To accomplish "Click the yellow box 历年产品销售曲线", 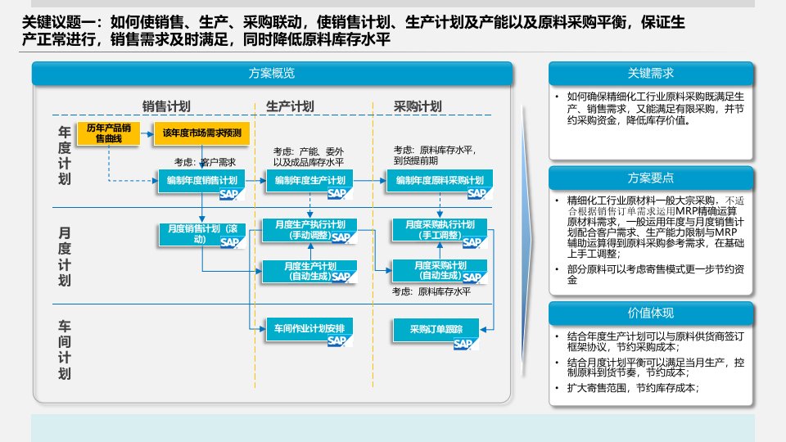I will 108,133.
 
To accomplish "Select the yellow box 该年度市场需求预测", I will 201,133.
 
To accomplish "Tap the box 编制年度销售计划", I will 201,181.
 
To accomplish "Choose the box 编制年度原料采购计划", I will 439,181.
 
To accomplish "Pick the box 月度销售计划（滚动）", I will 201,234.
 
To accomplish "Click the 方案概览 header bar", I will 272,74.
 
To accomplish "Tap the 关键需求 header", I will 650,74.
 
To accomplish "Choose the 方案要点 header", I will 650,178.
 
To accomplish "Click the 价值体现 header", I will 650,313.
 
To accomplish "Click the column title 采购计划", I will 418,106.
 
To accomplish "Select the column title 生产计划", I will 290,106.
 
